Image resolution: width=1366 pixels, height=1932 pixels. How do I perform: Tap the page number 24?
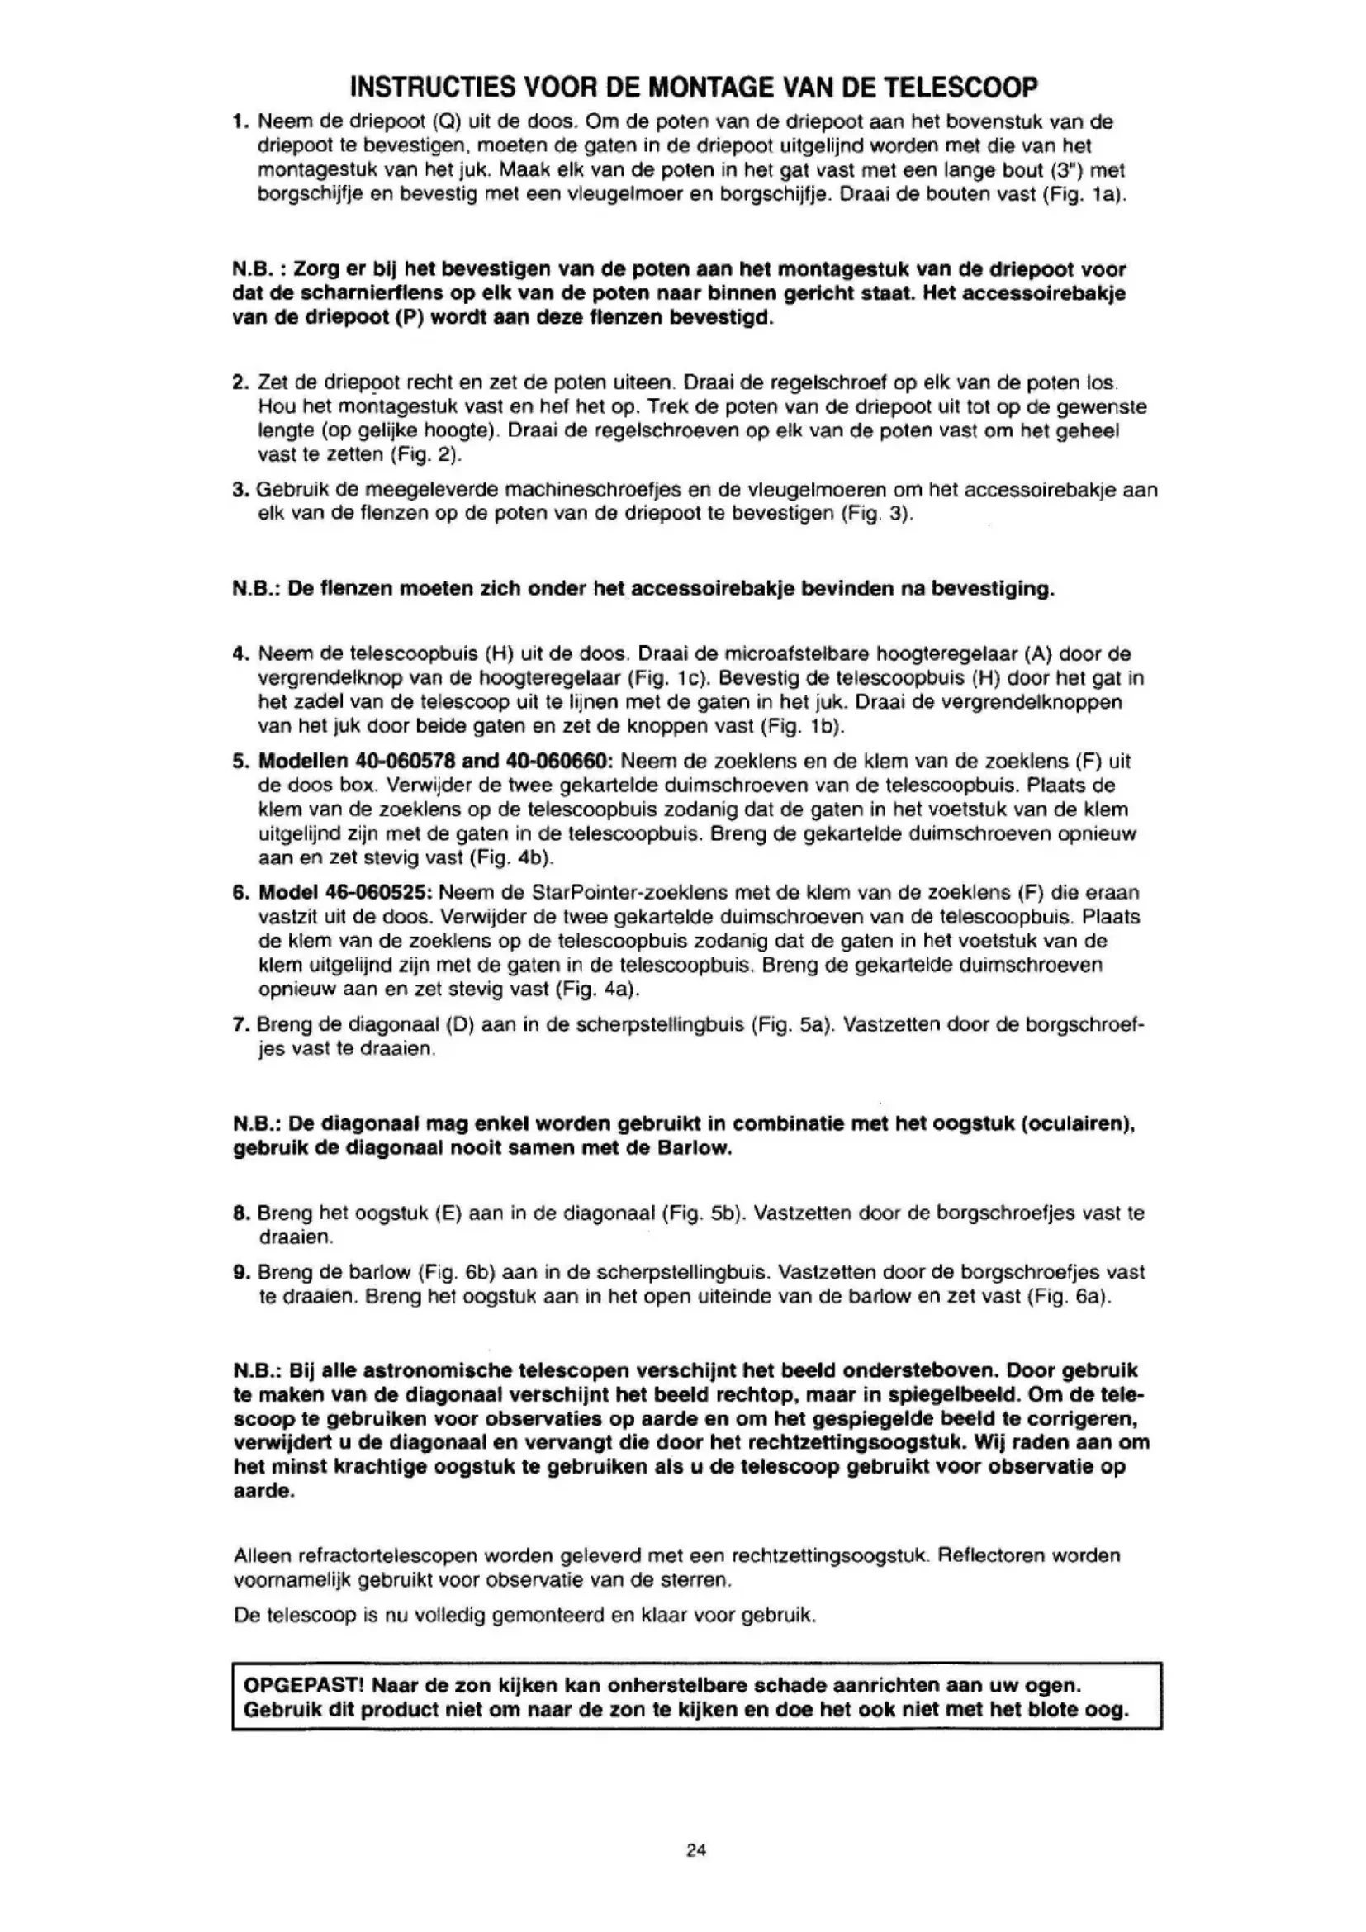pyautogui.click(x=695, y=1849)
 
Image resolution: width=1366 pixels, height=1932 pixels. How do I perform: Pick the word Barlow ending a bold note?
pyautogui.click(x=695, y=1149)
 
